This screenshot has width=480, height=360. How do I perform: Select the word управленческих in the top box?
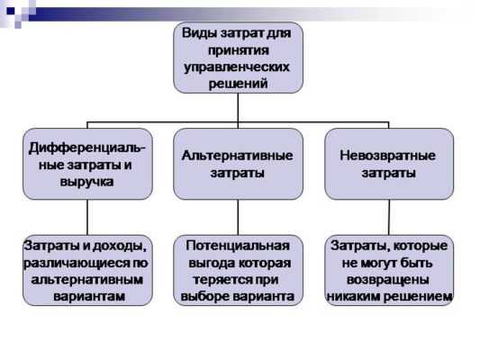coord(237,67)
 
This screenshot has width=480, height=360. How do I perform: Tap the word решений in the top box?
coord(238,83)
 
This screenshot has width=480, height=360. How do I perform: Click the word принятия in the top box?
coord(239,49)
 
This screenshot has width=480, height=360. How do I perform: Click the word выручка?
coord(87,182)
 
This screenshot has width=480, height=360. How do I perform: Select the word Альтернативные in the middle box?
coord(237,156)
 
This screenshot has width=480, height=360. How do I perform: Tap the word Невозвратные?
coord(387,156)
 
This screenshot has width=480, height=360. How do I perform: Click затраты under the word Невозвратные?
coord(388,173)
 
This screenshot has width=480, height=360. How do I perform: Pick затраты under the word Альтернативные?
coord(237,173)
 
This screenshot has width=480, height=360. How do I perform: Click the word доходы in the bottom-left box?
coord(119,247)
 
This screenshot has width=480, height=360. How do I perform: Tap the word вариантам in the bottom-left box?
coord(89,296)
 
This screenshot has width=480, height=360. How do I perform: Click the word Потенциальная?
coord(238,246)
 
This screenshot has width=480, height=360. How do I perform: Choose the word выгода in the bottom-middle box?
coord(211,264)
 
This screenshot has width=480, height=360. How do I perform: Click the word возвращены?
coord(388,281)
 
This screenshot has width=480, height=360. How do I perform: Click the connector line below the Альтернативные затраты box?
coord(238,218)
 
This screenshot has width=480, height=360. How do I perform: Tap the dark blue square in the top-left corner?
coord(11,12)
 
